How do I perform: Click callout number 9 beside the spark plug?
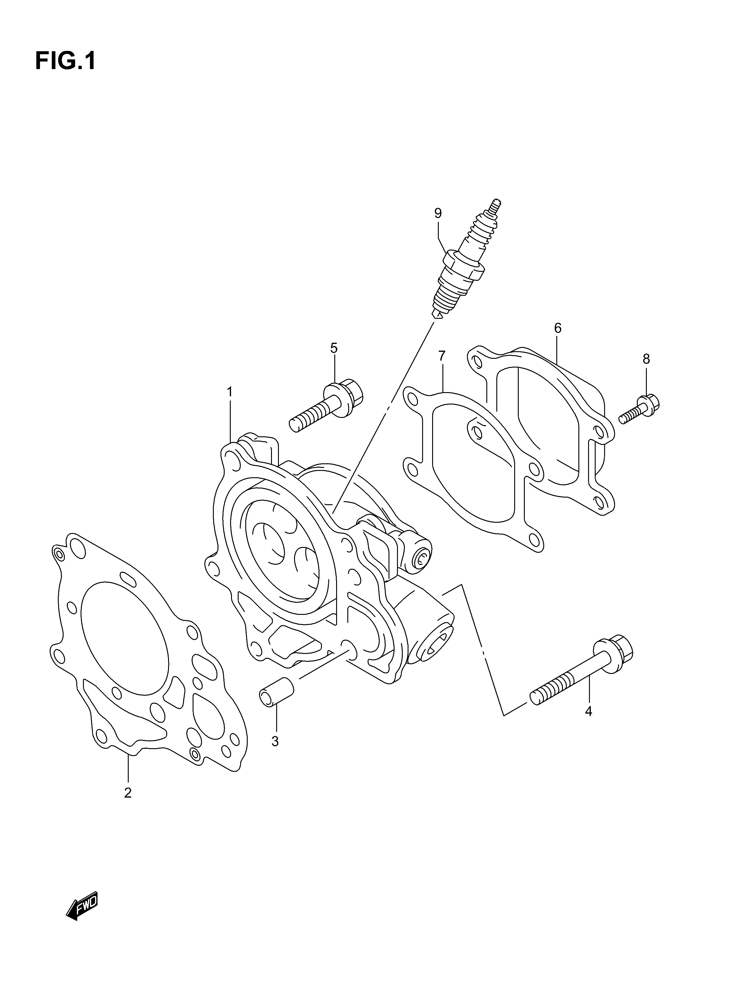pos(438,213)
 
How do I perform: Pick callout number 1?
pos(230,392)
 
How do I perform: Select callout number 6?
pos(557,328)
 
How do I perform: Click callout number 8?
pos(646,359)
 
